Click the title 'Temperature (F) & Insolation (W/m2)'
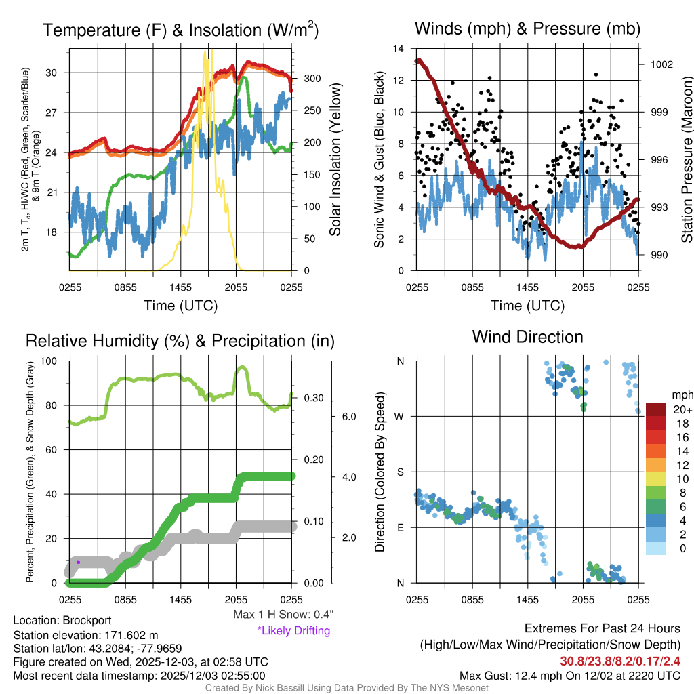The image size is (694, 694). click(180, 30)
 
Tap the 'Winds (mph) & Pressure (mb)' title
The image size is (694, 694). click(527, 28)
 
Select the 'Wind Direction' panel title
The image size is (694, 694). click(527, 337)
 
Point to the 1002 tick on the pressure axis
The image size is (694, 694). click(661, 64)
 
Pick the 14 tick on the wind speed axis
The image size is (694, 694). click(399, 49)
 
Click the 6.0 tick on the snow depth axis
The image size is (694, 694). click(349, 416)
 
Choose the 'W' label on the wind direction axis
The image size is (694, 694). click(401, 416)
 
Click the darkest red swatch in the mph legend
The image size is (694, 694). click(657, 410)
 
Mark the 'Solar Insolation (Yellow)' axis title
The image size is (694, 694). click(335, 159)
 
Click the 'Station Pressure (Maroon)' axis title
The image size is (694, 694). click(686, 159)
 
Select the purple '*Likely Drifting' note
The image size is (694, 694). click(293, 631)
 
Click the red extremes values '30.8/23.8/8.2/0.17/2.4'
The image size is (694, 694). click(620, 661)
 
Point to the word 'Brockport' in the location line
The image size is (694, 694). click(87, 620)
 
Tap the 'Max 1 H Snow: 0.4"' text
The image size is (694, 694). click(283, 615)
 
